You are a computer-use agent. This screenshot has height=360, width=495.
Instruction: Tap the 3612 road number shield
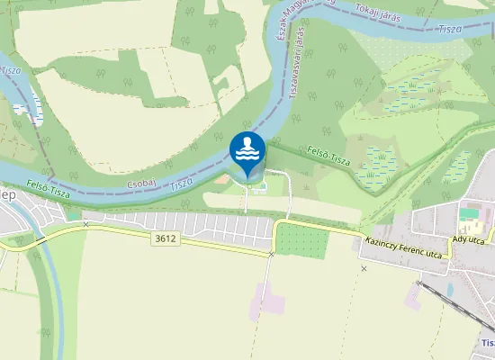165,238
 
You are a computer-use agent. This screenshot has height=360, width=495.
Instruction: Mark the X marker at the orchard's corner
271,255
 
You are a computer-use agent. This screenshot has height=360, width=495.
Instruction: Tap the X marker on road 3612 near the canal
85,224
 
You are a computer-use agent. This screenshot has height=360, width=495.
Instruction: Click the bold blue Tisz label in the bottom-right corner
487,343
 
